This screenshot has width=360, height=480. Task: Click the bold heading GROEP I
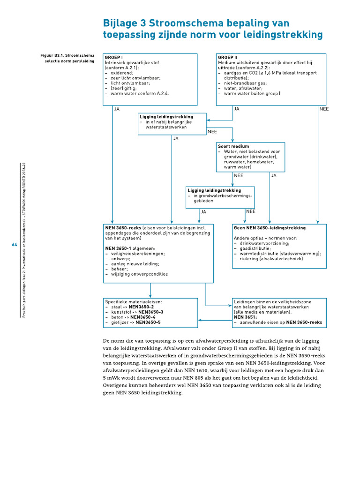coord(114,57)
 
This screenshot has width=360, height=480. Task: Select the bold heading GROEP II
coord(228,57)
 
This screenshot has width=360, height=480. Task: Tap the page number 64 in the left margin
coord(14,245)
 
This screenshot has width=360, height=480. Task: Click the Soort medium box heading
coord(233,146)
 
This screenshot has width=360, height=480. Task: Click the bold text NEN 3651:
coord(244,317)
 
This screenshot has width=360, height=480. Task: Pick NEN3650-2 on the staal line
coord(140,307)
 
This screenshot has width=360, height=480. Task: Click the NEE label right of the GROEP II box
coord(324,109)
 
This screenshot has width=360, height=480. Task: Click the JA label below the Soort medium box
coord(274,175)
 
